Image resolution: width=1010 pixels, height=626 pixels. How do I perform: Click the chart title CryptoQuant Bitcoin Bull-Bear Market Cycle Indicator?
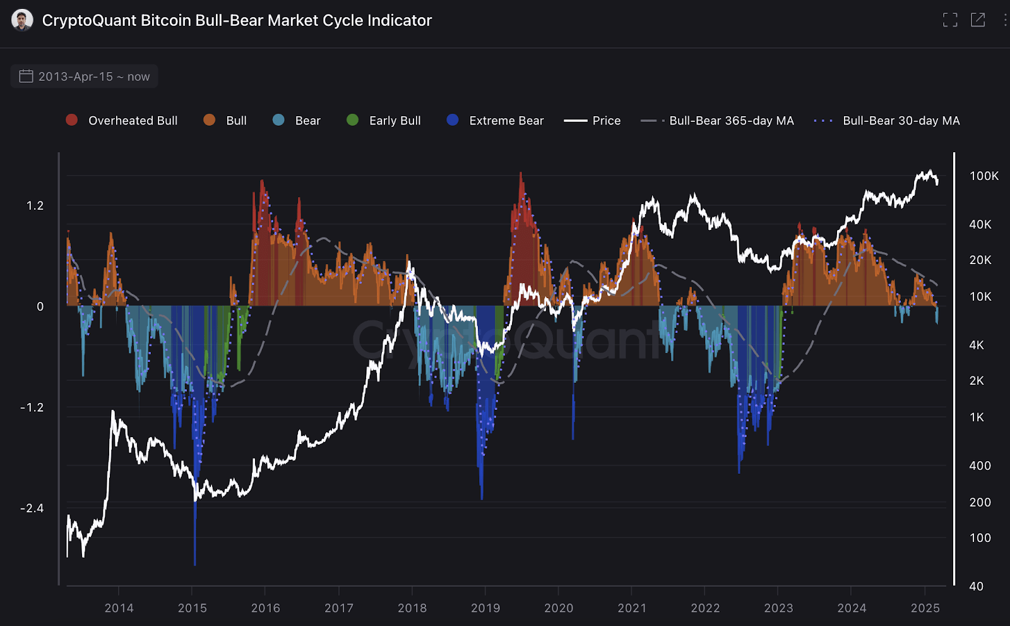[x=237, y=20]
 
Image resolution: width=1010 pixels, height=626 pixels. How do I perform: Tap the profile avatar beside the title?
[x=22, y=20]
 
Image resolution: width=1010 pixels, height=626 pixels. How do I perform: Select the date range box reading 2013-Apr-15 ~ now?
[x=85, y=76]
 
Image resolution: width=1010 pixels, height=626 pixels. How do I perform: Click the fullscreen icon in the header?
[x=950, y=20]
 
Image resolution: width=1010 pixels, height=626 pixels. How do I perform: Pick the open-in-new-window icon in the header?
[x=978, y=20]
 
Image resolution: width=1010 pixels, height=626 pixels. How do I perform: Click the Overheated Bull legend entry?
[x=122, y=121]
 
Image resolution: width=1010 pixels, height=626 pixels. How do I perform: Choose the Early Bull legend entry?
[x=384, y=121]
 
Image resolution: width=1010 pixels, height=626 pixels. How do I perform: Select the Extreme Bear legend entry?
[x=496, y=121]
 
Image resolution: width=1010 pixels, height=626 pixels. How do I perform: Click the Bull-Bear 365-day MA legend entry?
[x=718, y=121]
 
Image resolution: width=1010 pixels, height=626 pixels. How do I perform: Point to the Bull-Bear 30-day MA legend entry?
[x=888, y=121]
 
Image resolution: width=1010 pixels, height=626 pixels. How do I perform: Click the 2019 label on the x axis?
[x=485, y=608]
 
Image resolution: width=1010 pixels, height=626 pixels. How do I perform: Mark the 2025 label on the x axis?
[x=925, y=608]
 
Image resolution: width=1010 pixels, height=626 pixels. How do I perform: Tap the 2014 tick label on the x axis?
[x=119, y=608]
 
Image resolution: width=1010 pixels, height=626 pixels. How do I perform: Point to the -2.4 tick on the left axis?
[x=32, y=509]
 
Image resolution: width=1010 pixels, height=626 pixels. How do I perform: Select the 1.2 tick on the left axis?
[x=35, y=206]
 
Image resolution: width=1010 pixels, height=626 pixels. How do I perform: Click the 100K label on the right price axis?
[x=984, y=176]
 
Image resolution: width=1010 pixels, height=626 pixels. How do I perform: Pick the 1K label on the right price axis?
[x=977, y=418]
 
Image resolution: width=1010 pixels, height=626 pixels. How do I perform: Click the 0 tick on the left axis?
[x=40, y=307]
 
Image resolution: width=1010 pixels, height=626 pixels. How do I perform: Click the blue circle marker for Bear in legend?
[x=278, y=120]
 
